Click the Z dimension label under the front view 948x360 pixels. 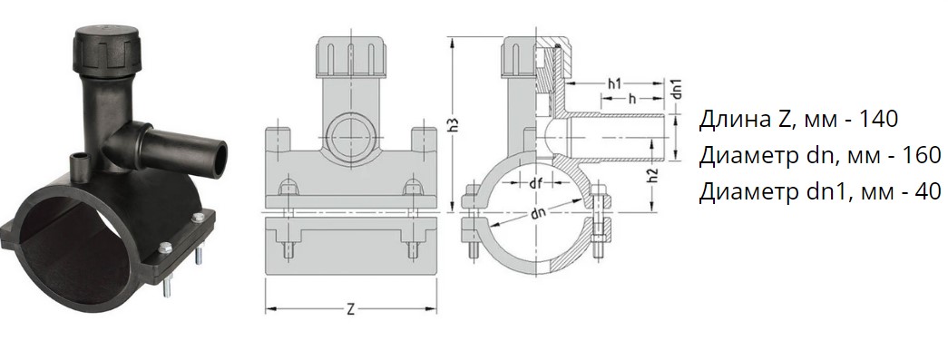351,310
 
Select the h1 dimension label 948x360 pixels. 614,84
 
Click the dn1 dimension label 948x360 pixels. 677,89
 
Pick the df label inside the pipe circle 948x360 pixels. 535,184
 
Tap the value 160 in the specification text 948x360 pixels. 922,155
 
